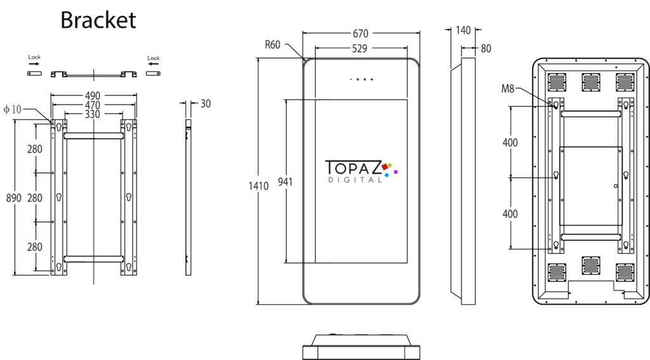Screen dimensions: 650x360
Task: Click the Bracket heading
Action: coord(98,20)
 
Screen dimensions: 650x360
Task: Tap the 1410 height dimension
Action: coord(258,186)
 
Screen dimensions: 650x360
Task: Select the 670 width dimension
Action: coord(361,33)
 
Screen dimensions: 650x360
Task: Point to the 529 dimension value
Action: coord(359,48)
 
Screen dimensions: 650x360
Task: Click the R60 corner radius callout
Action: coord(272,45)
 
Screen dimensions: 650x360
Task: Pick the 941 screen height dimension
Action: coord(285,182)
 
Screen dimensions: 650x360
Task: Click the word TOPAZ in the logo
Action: coord(353,168)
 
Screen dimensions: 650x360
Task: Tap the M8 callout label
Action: coord(508,88)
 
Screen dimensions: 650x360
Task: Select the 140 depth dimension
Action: coord(463,30)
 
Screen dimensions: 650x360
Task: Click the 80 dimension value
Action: coord(486,48)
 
